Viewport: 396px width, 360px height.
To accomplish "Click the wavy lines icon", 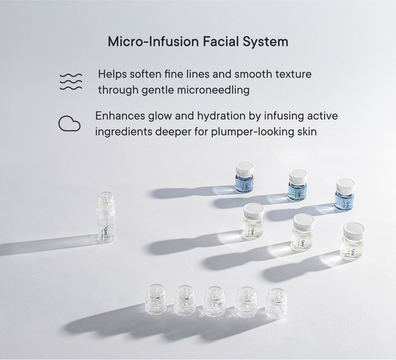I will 70,81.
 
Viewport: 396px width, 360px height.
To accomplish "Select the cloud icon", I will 69,124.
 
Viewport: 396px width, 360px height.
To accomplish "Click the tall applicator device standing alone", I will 106,218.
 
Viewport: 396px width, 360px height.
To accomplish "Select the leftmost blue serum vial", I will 244,178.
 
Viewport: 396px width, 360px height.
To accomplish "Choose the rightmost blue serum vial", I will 344,194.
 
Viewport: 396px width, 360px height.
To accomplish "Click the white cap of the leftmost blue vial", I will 244,167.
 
